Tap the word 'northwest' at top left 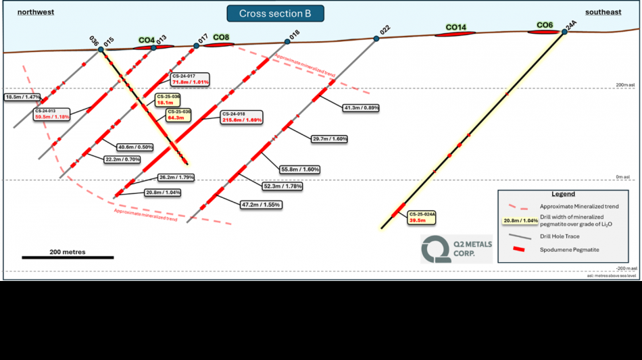(36, 12)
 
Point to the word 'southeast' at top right (603, 12)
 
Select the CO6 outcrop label (545, 25)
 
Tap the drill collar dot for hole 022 (376, 38)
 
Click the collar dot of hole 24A (564, 32)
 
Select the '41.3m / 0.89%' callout (362, 107)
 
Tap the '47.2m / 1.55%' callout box (260, 204)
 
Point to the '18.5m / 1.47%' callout (22, 97)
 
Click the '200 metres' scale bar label (68, 252)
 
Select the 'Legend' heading (562, 195)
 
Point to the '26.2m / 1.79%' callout (176, 178)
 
